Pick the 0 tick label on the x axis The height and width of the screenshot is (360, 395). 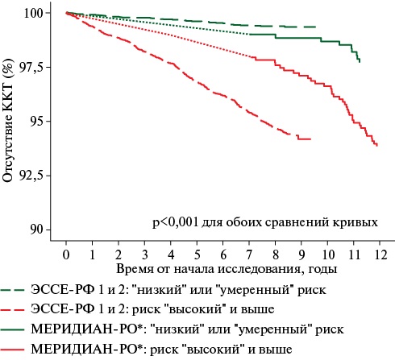[x=66, y=254]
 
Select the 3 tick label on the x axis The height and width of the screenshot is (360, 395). [x=144, y=254]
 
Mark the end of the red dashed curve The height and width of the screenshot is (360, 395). [x=311, y=139]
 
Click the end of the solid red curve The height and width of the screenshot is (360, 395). [x=377, y=146]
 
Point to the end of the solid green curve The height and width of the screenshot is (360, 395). [x=360, y=62]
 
